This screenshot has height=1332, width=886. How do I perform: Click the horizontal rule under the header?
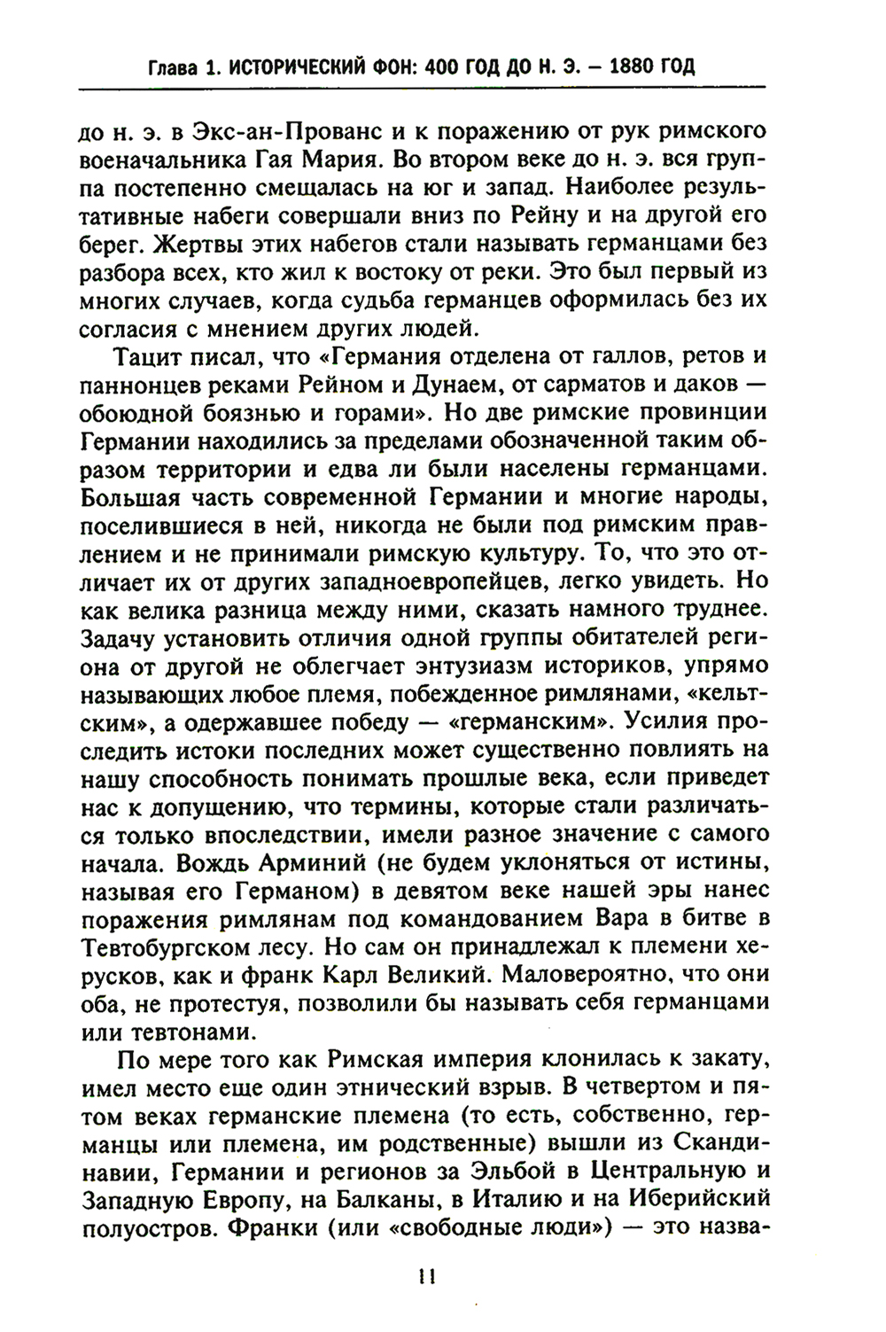(x=422, y=89)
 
